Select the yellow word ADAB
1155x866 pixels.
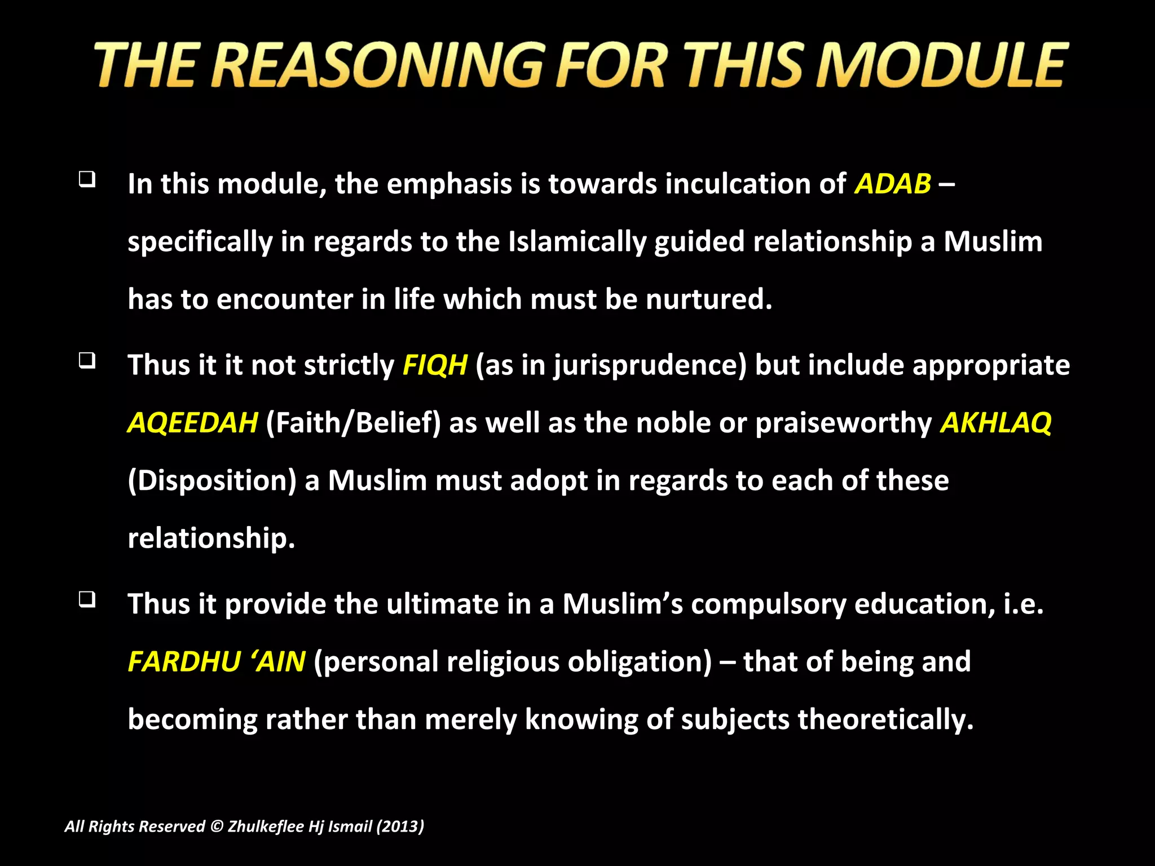tap(893, 184)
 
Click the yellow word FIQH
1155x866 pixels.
tap(435, 365)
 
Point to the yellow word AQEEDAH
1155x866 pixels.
tap(192, 422)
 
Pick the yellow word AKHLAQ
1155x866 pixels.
tap(996, 422)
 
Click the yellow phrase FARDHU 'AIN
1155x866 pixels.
tap(217, 661)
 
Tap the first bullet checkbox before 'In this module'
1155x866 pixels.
tap(87, 179)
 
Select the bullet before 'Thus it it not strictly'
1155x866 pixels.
tap(87, 360)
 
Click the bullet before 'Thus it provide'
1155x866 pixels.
tap(87, 599)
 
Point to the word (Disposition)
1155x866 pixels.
tap(212, 481)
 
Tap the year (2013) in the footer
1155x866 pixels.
tap(400, 827)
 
